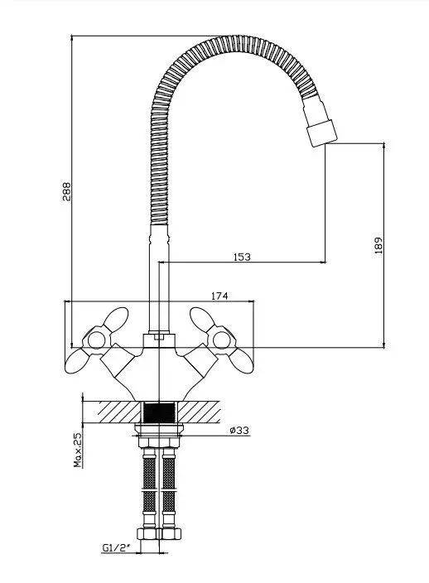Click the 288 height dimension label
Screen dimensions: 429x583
pos(66,191)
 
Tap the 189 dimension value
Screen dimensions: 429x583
pos(378,245)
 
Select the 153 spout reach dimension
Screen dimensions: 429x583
pos(242,257)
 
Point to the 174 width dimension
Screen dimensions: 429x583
pos(219,296)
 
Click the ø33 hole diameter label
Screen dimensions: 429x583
pos(239,430)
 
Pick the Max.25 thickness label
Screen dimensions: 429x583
pos(78,450)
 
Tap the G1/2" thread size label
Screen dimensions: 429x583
pos(117,547)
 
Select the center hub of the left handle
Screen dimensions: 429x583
pos(96,340)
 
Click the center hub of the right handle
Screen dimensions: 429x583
pos(221,340)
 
